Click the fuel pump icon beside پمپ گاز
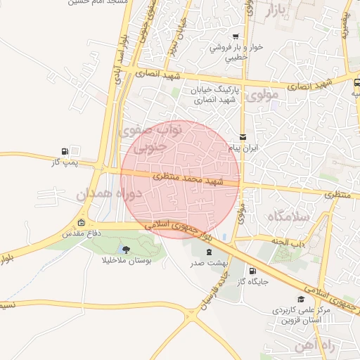65,151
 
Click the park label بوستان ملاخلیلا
125,259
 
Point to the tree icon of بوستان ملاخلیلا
125,249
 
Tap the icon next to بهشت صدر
208,252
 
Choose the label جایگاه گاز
251,281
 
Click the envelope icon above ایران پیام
243,136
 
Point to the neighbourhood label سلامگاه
288,217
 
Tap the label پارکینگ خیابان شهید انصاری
216,96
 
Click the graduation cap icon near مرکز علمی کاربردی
302,300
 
